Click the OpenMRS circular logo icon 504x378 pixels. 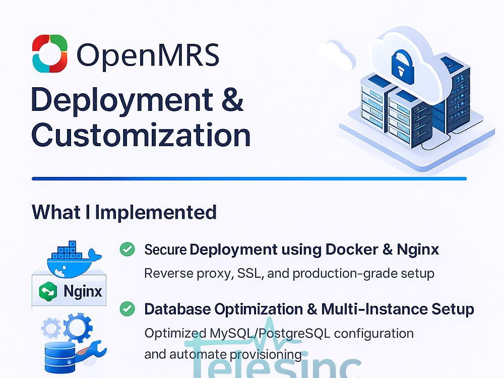pyautogui.click(x=50, y=53)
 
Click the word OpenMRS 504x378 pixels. pyautogui.click(x=148, y=55)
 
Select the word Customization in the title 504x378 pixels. pyautogui.click(x=141, y=135)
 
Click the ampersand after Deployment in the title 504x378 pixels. pyautogui.click(x=232, y=100)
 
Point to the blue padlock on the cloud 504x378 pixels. pyautogui.click(x=402, y=67)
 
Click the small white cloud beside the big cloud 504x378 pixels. pyautogui.click(x=337, y=54)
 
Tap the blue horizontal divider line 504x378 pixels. pyautogui.click(x=249, y=179)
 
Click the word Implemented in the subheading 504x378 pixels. pyautogui.click(x=156, y=212)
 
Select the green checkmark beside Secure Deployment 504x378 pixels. pyautogui.click(x=128, y=249)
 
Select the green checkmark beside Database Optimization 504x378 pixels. pyautogui.click(x=128, y=308)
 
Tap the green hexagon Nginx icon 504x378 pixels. pyautogui.click(x=48, y=291)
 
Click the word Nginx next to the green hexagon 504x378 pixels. pyautogui.click(x=83, y=291)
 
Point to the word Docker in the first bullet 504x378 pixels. pyautogui.click(x=352, y=249)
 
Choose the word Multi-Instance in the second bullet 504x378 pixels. pyautogui.click(x=374, y=309)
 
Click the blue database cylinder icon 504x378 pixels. pyautogui.click(x=60, y=357)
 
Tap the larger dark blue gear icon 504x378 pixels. pyautogui.click(x=78, y=328)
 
